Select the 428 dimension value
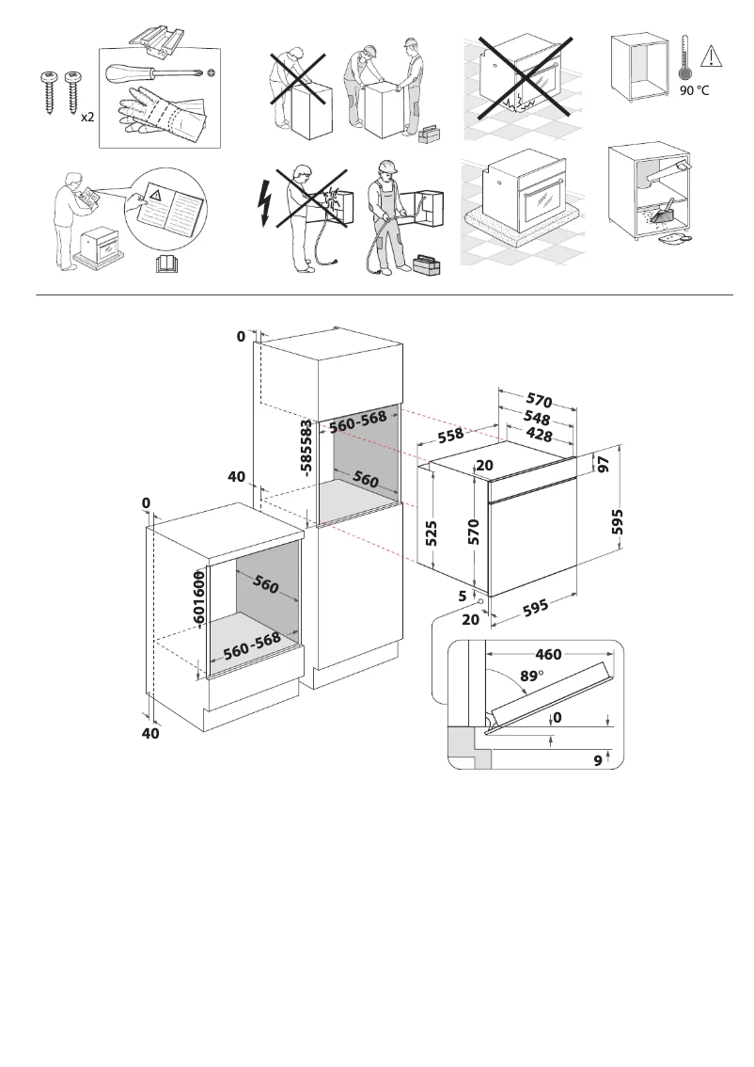pos(539,435)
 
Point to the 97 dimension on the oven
pos(603,464)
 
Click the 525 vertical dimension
pos(432,533)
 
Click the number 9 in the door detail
pos(598,761)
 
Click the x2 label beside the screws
pos(86,118)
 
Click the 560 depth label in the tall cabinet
pos(366,480)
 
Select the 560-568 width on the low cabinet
pos(252,645)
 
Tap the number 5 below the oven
pos(463,595)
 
